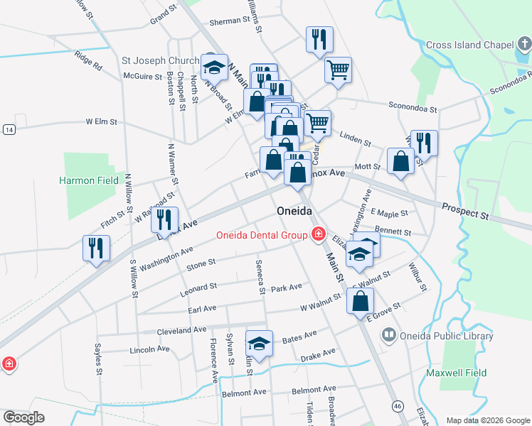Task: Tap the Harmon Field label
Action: [88, 180]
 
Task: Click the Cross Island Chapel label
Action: [469, 45]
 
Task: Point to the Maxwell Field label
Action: [456, 372]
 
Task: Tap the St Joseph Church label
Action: [161, 60]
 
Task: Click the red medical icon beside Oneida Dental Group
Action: [317, 234]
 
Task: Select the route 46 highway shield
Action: [395, 405]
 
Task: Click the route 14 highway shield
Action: [9, 129]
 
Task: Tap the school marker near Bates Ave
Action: [260, 344]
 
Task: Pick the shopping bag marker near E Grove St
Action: [361, 300]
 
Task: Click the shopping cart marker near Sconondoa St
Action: [339, 70]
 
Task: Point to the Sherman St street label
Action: [226, 21]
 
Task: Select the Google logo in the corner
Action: [24, 417]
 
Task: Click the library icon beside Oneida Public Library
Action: [389, 334]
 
